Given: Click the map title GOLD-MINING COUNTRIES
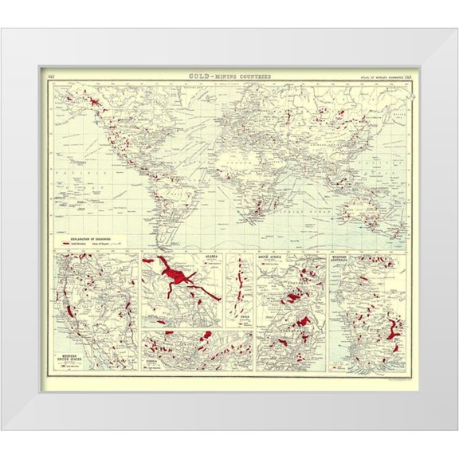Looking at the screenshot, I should [x=229, y=76].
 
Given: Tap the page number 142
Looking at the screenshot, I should [x=52, y=76].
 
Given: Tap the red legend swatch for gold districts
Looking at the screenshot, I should [x=64, y=242].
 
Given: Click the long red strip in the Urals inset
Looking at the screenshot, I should [x=237, y=291].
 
